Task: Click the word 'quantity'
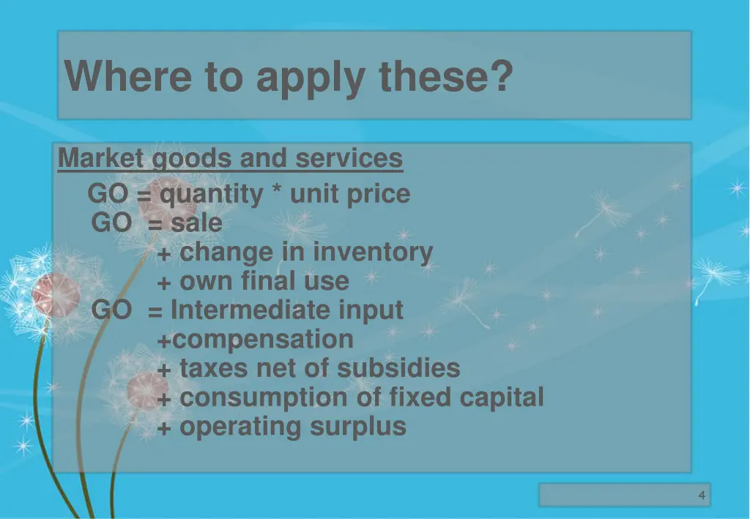pos(211,195)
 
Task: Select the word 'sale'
pos(196,223)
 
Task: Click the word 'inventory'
pos(380,253)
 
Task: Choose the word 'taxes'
pos(214,368)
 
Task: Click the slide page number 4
pos(701,496)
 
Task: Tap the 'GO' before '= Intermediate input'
pos(111,310)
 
